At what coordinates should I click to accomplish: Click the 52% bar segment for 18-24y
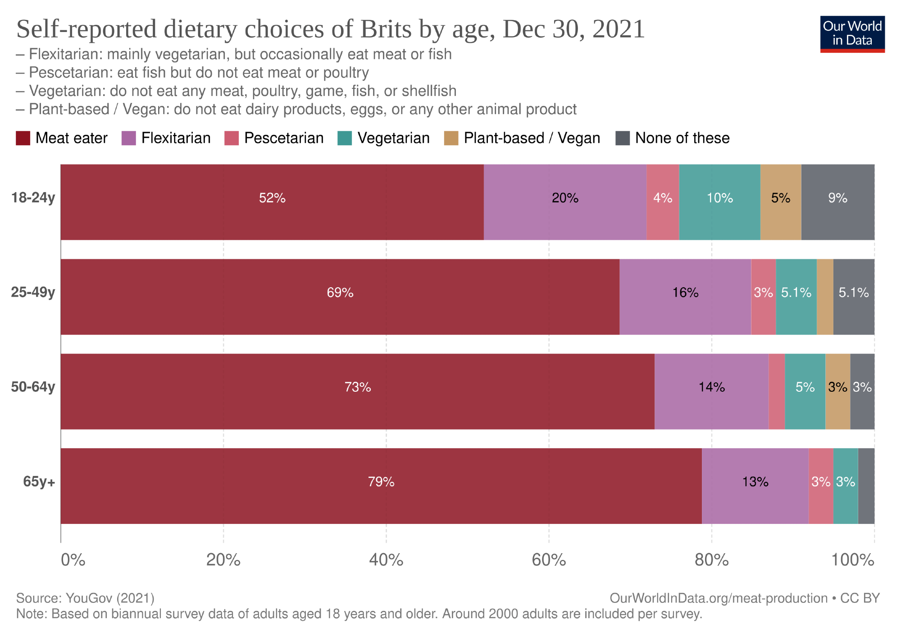[x=272, y=202]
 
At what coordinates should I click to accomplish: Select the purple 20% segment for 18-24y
[x=565, y=202]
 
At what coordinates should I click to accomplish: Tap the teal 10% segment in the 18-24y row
[x=719, y=202]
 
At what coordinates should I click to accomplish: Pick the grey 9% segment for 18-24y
[x=837, y=202]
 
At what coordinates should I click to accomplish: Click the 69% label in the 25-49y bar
[x=340, y=293]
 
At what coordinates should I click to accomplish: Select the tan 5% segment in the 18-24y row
[x=780, y=202]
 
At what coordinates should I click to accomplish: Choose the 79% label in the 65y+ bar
[x=381, y=482]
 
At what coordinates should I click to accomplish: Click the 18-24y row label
[x=33, y=198]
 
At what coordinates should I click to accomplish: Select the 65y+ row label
[x=39, y=481]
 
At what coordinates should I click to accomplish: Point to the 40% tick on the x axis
[x=386, y=560]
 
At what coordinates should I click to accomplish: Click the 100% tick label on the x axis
[x=853, y=560]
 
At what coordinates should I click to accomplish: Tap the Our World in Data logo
[x=852, y=34]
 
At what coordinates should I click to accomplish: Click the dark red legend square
[x=23, y=138]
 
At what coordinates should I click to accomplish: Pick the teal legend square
[x=345, y=138]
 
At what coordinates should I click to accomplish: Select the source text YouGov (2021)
[x=110, y=598]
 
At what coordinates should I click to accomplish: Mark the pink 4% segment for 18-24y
[x=663, y=202]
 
